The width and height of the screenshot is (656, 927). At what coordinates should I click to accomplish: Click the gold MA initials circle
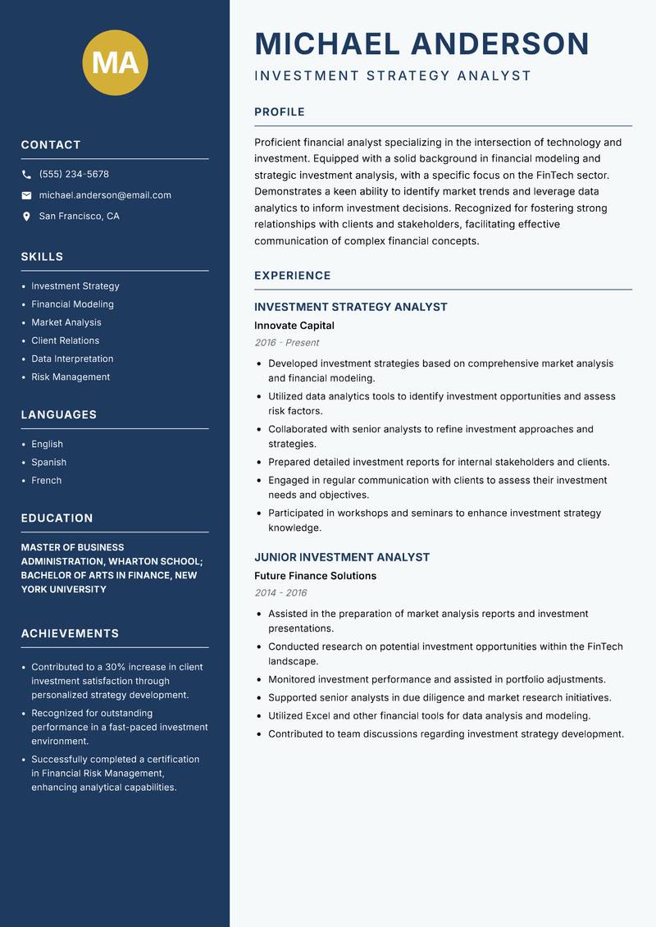pyautogui.click(x=116, y=62)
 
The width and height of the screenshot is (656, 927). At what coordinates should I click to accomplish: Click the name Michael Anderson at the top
pyautogui.click(x=422, y=43)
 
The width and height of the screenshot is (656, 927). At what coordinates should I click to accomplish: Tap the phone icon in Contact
pyautogui.click(x=26, y=175)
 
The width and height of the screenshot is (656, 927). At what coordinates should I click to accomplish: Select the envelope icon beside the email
pyautogui.click(x=26, y=195)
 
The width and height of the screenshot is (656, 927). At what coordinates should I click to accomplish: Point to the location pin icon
pyautogui.click(x=26, y=217)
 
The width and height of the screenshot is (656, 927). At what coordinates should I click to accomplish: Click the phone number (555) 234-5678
pyautogui.click(x=74, y=175)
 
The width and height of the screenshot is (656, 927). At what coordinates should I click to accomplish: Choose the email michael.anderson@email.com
pyautogui.click(x=105, y=195)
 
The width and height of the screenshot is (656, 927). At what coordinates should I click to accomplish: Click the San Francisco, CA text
pyautogui.click(x=79, y=217)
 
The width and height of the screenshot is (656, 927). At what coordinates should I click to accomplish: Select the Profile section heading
pyautogui.click(x=280, y=112)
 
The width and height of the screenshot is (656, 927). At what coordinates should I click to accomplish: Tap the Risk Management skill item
pyautogui.click(x=71, y=377)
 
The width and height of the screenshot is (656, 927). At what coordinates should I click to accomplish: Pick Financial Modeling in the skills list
pyautogui.click(x=72, y=304)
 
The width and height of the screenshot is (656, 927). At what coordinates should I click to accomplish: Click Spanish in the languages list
pyautogui.click(x=48, y=463)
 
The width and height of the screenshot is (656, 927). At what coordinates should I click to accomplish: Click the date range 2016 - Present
pyautogui.click(x=286, y=343)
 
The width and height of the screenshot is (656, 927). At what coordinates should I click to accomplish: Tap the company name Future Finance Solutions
pyautogui.click(x=315, y=576)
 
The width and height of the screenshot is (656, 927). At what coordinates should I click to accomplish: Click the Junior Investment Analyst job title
pyautogui.click(x=342, y=557)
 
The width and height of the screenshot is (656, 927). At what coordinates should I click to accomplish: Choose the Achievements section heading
pyautogui.click(x=70, y=633)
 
